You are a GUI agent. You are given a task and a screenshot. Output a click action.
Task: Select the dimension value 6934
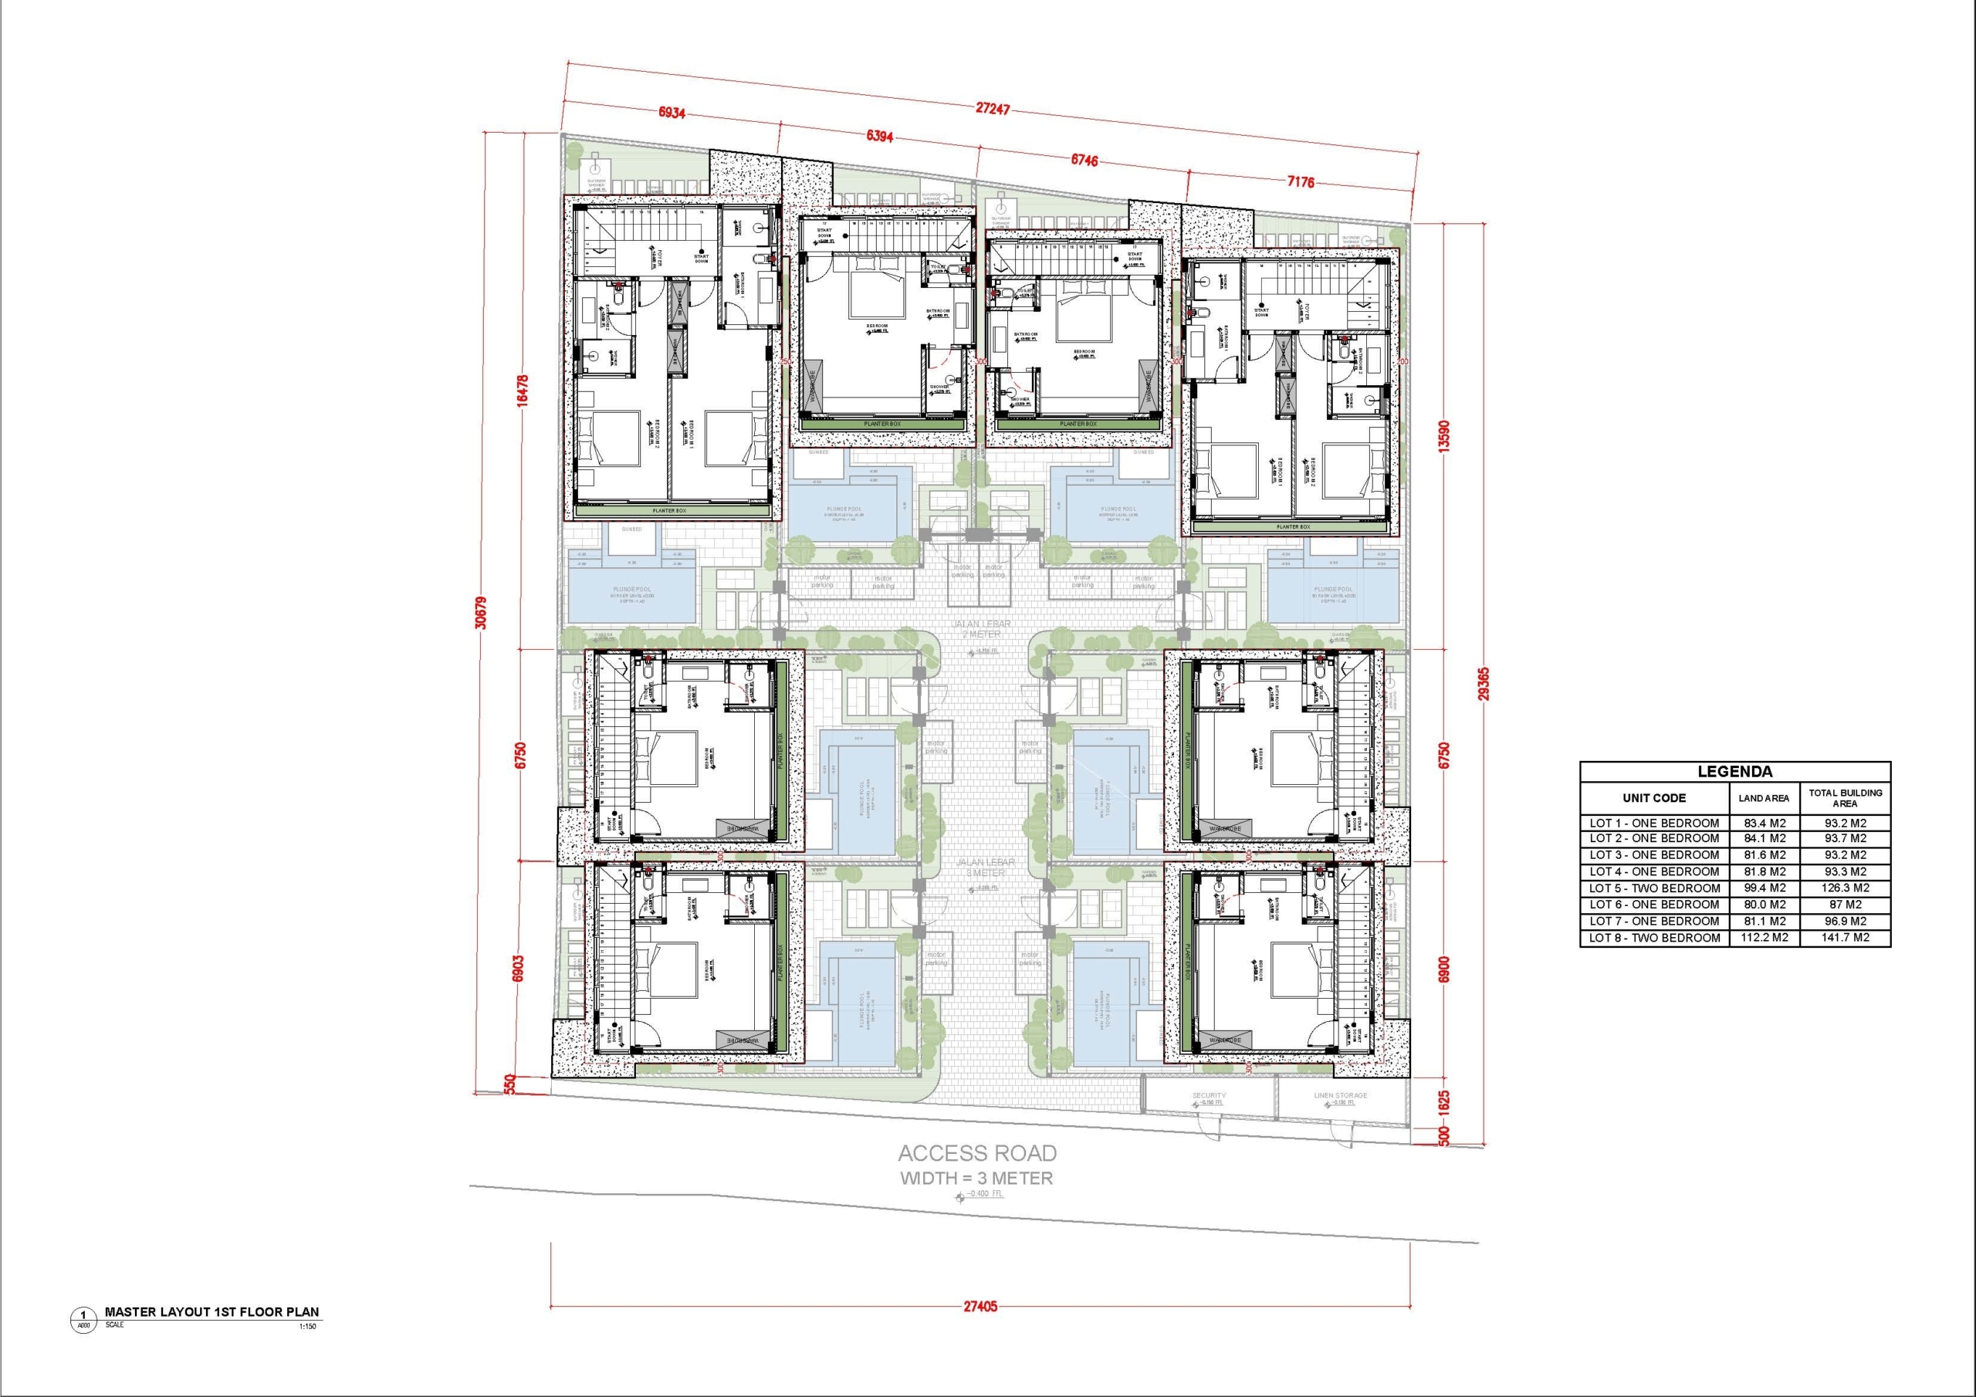671,113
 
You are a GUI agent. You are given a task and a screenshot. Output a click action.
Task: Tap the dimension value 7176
1300,181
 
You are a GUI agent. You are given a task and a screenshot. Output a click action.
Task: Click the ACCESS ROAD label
977,1152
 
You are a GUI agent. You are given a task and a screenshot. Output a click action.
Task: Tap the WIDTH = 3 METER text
977,1178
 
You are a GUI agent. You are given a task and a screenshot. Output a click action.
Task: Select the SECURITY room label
1210,1095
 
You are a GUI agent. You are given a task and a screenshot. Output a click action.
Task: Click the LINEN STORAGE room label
1341,1095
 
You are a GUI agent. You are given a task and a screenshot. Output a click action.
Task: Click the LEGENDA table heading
1735,772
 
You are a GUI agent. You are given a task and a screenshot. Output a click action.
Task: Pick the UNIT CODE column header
1654,798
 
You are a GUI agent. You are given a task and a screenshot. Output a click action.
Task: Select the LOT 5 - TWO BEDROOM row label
1654,888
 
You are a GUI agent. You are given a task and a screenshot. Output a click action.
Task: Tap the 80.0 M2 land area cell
1764,904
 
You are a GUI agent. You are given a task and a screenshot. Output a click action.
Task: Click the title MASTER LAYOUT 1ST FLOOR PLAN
211,1312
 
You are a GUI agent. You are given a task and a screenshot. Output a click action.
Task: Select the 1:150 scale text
307,1327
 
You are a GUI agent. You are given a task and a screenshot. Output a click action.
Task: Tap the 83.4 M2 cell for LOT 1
1764,823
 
